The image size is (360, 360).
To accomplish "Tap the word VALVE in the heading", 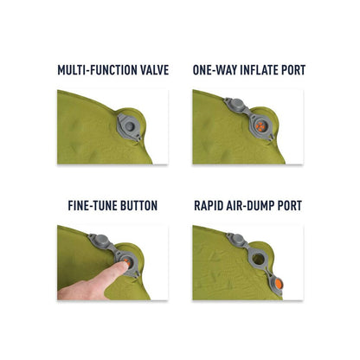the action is coord(155,70).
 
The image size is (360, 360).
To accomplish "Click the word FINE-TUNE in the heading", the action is coord(93,206).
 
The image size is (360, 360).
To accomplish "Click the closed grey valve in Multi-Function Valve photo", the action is coord(130,126).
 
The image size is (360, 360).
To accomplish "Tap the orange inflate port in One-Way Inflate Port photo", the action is coord(260,126).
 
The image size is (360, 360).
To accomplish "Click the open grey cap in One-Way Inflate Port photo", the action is coord(236,104).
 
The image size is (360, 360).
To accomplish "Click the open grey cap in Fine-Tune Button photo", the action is coord(100,240).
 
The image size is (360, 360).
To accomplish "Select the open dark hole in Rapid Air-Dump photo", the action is coord(259,260).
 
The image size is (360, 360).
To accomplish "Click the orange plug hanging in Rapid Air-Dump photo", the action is coord(279,284).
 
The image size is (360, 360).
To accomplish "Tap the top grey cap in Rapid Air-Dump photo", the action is coord(238,239).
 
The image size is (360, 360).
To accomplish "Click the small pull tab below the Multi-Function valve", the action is coord(139,138).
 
